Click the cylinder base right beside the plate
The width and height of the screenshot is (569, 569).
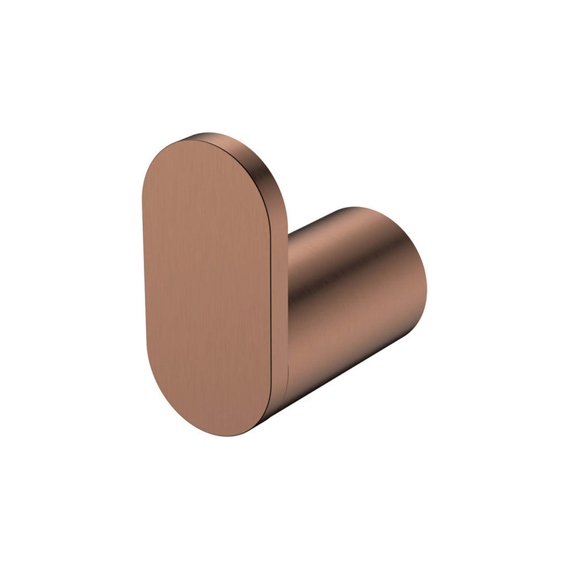tap(298, 311)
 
